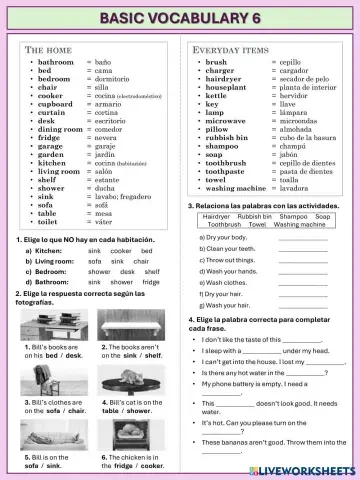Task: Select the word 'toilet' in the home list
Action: [49, 221]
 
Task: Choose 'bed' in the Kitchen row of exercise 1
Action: [146, 250]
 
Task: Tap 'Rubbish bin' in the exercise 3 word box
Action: [254, 216]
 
